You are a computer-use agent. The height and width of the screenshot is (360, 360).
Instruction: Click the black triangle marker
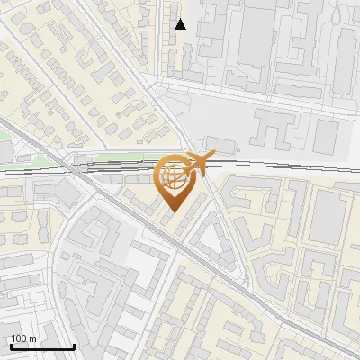click(181, 24)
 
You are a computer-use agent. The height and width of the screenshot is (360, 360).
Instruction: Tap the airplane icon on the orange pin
click(199, 162)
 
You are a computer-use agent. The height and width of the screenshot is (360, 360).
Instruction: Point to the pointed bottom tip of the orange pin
click(174, 211)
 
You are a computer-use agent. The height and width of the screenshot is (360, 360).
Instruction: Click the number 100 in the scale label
click(20, 338)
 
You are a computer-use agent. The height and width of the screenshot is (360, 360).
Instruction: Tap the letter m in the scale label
click(33, 338)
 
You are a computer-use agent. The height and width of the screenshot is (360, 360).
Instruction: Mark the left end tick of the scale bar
click(11, 346)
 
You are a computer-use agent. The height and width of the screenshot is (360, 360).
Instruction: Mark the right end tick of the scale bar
click(74, 346)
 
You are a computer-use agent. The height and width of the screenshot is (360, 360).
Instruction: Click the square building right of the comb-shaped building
click(326, 135)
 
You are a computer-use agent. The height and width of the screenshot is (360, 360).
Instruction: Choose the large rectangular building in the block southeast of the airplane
click(328, 216)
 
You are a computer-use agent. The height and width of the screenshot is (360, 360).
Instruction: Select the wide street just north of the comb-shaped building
click(261, 96)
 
